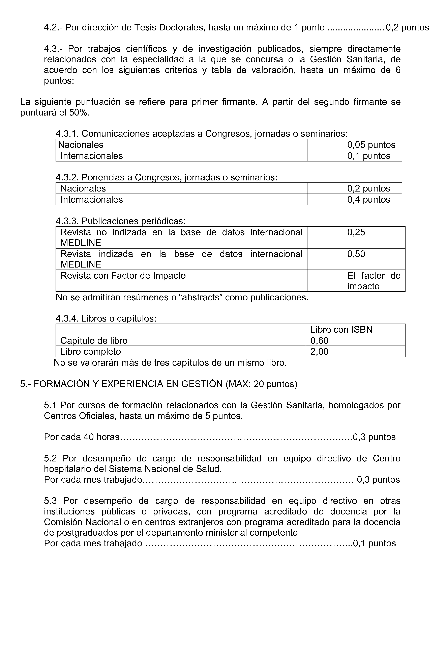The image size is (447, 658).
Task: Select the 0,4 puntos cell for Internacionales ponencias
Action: [x=368, y=199]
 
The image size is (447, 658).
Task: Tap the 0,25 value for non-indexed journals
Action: [x=356, y=232]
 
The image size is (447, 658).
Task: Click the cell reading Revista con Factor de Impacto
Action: [x=123, y=276]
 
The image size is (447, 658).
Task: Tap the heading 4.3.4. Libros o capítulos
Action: [x=106, y=319]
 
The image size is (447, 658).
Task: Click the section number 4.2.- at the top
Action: [x=53, y=27]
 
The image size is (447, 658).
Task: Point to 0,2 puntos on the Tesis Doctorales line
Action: [x=407, y=27]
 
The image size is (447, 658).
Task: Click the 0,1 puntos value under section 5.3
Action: [x=374, y=543]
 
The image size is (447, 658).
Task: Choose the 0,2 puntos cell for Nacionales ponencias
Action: [x=368, y=188]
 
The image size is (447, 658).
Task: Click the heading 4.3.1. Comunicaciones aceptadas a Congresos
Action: [x=201, y=133]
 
